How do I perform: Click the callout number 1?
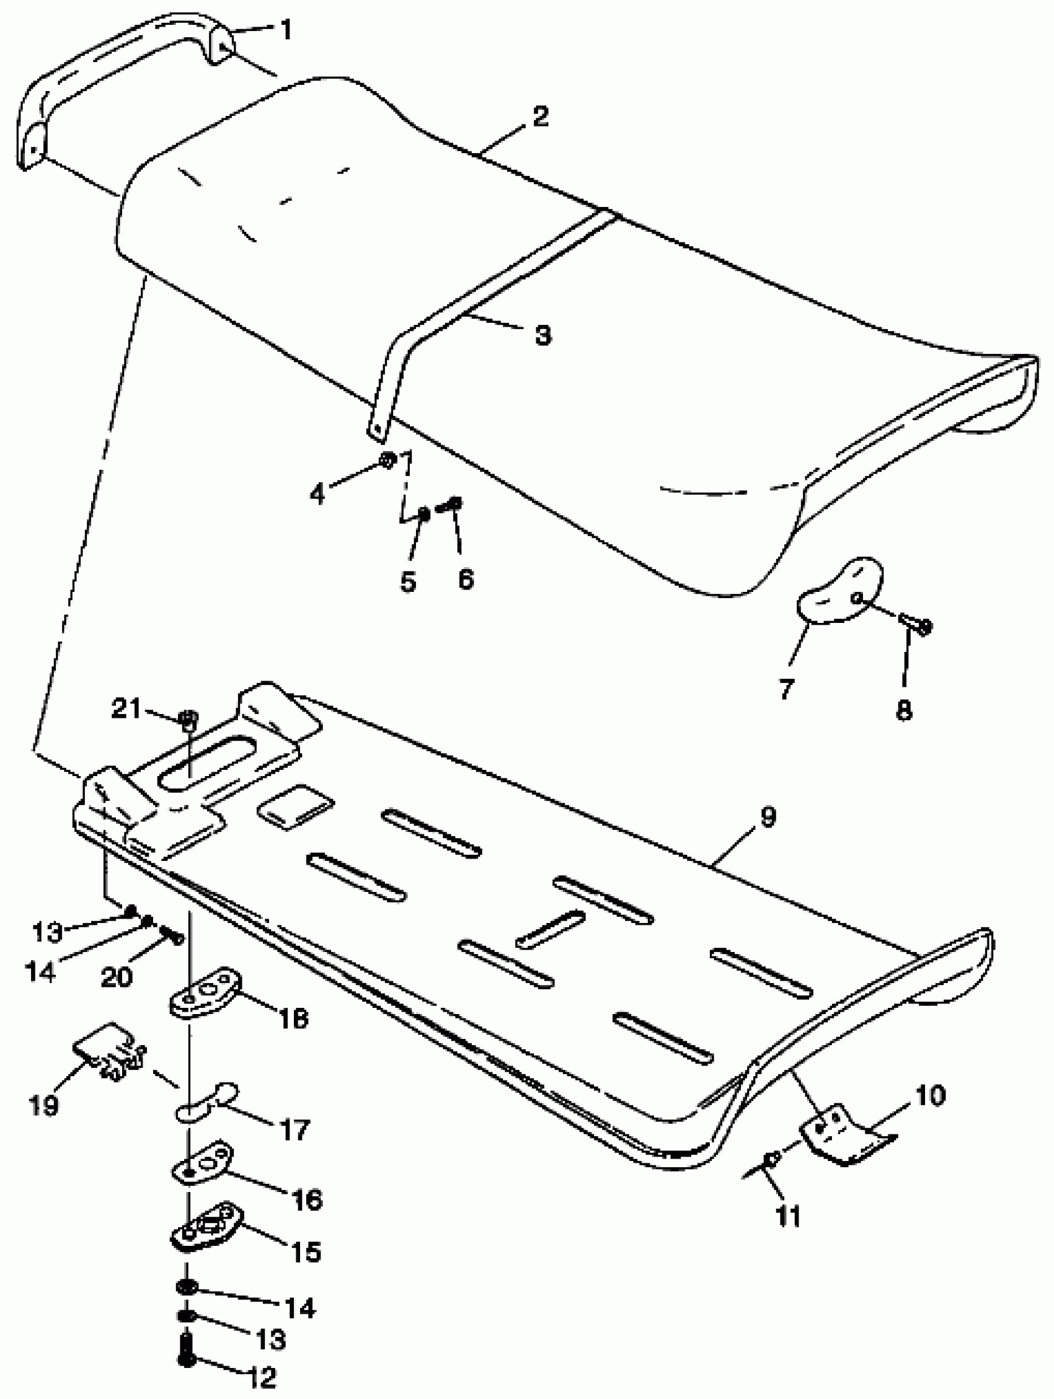click(x=286, y=29)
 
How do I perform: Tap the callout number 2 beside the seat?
click(x=539, y=117)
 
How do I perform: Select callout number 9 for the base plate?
click(x=767, y=818)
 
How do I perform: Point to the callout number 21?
click(x=126, y=709)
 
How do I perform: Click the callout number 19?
click(x=43, y=1106)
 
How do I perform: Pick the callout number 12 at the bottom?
click(x=260, y=1377)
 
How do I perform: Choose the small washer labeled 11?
click(x=773, y=1157)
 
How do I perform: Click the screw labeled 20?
click(x=172, y=933)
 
